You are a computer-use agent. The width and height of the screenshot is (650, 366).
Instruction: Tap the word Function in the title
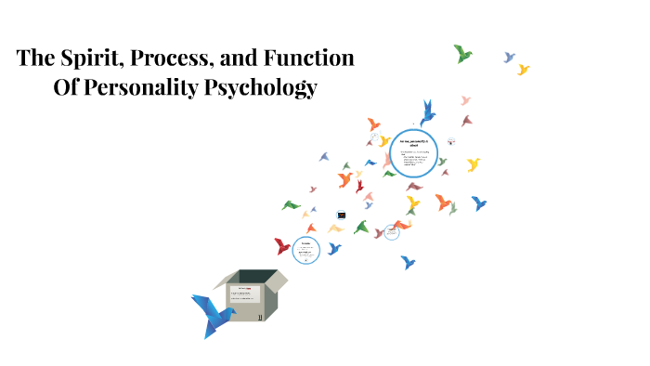[x=310, y=58]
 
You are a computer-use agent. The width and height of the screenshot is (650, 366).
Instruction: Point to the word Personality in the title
[x=155, y=88]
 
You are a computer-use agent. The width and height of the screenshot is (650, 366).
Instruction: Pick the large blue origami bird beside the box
[x=211, y=312]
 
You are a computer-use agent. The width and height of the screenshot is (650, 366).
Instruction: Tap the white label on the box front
[x=244, y=295]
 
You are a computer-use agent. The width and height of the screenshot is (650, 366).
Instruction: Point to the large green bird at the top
[x=462, y=54]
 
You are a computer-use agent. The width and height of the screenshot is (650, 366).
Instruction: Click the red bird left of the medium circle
[x=282, y=246]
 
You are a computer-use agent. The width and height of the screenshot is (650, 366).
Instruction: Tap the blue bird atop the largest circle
[x=427, y=112]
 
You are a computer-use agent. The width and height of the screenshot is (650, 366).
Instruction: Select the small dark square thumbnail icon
[x=342, y=215]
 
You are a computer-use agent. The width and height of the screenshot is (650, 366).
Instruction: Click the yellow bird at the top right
[x=524, y=69]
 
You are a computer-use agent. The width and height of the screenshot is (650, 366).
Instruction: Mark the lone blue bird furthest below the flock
[x=408, y=262]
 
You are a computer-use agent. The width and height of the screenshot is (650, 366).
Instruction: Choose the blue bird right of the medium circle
[x=334, y=248]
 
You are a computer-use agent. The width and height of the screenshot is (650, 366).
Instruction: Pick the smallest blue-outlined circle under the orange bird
[x=392, y=232]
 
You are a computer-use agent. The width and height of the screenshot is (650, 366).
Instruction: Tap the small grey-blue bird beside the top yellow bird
[x=509, y=58]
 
